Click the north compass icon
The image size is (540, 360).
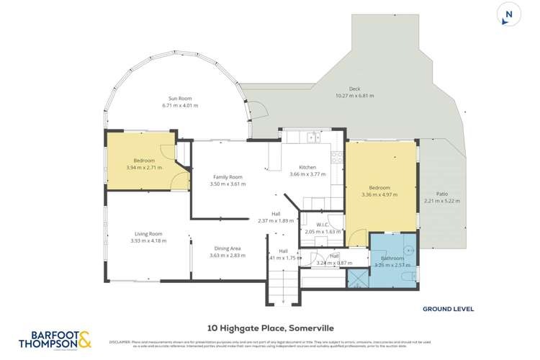click(509, 15)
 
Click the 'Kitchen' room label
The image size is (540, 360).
click(307, 167)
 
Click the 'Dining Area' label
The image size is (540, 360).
click(225, 248)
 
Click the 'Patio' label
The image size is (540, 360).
click(441, 194)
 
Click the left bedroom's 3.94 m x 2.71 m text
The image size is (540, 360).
click(148, 167)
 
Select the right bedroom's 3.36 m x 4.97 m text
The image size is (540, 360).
click(379, 194)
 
